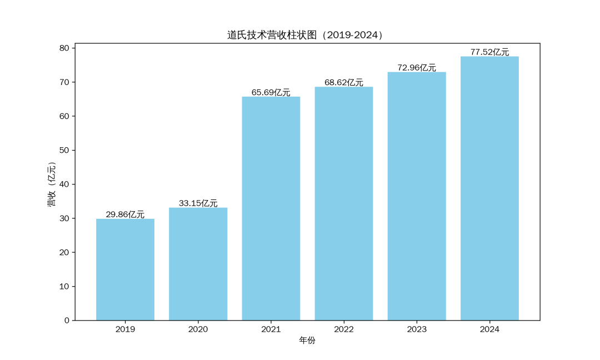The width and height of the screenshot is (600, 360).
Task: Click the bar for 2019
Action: [x=125, y=269]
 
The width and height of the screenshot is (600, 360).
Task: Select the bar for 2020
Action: [x=198, y=264]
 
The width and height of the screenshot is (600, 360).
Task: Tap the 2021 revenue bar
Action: [x=271, y=208]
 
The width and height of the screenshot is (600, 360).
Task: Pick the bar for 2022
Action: [x=344, y=203]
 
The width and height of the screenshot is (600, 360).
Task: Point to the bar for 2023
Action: [x=417, y=196]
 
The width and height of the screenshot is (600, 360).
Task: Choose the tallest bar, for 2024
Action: [x=489, y=188]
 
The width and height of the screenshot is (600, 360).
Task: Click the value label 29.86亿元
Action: [x=125, y=214]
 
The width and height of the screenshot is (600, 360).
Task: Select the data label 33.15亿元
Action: [x=198, y=203]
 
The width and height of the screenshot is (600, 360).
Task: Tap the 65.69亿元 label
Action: [x=271, y=92]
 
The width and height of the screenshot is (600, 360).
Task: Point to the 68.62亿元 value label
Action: [x=344, y=82]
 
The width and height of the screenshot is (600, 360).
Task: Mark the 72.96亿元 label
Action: [x=417, y=68]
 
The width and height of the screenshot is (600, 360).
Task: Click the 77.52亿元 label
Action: [x=489, y=52]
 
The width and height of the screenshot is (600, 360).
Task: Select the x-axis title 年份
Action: [x=307, y=340]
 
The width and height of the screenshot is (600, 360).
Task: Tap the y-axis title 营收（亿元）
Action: [x=52, y=184]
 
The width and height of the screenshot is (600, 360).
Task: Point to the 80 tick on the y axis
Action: [x=64, y=48]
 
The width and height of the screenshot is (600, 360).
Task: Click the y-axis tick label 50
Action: [x=64, y=151]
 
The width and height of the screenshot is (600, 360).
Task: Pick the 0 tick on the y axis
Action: [x=67, y=321]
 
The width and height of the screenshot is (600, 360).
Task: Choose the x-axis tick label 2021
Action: [x=271, y=329]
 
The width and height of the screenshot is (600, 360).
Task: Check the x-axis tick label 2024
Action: [x=489, y=329]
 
